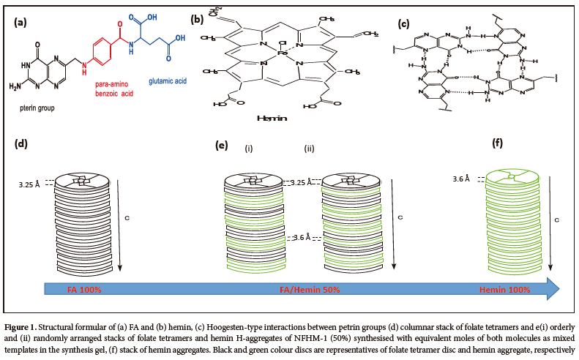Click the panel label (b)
tap(197, 18)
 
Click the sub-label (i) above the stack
tap(250, 149)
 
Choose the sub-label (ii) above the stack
tap(310, 149)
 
